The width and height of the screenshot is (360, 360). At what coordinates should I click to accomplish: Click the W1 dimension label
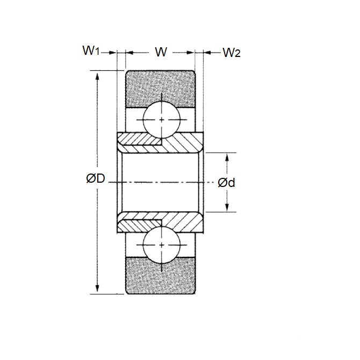pos(91,52)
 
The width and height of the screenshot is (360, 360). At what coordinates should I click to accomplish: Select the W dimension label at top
pos(160,52)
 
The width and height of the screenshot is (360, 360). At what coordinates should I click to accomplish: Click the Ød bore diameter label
pos(226,183)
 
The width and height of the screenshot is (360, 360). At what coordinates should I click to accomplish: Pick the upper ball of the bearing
pos(161,119)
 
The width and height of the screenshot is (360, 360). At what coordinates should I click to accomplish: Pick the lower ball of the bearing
pos(161,245)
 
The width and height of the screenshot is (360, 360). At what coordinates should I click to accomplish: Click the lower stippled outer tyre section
pos(160,277)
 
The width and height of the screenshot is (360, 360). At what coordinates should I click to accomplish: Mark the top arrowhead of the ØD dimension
pos(97,75)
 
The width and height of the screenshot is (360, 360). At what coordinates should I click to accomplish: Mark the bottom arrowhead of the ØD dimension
pos(97,290)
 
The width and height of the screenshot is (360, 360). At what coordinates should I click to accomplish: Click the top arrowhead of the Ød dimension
pos(227,156)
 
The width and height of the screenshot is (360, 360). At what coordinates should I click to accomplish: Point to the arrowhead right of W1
pos(113,53)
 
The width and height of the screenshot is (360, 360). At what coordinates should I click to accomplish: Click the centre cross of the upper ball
pos(161,119)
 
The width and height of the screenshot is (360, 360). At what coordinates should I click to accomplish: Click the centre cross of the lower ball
pos(161,245)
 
